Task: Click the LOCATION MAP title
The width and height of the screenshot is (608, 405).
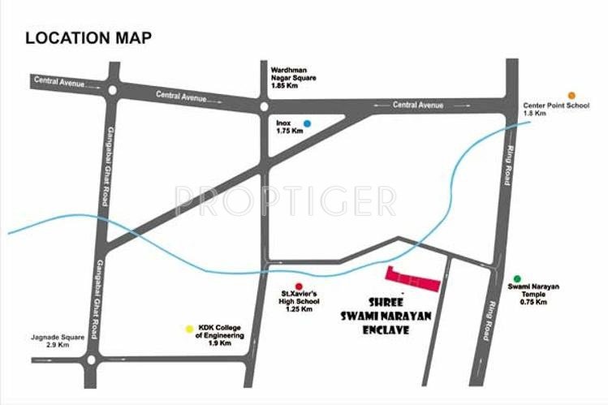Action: (x=88, y=37)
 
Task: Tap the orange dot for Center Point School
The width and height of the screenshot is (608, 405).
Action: (x=571, y=96)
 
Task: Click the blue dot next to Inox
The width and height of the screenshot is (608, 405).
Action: (x=306, y=124)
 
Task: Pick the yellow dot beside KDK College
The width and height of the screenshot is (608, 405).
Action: (x=190, y=330)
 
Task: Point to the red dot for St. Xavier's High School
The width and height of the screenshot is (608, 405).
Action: (x=299, y=286)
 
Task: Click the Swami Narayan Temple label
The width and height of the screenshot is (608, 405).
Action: (x=533, y=295)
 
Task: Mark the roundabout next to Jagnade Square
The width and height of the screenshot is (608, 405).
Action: (x=91, y=359)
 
